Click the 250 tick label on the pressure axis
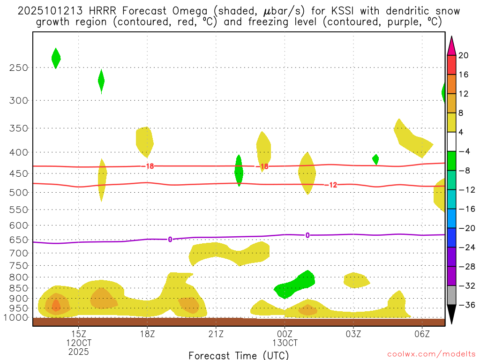(x=19, y=67)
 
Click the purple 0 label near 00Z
(x=307, y=235)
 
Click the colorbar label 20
(x=464, y=55)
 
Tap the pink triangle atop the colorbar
(x=451, y=46)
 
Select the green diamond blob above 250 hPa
(x=56, y=58)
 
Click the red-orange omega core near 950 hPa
(x=56, y=306)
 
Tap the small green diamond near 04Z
(x=375, y=159)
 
